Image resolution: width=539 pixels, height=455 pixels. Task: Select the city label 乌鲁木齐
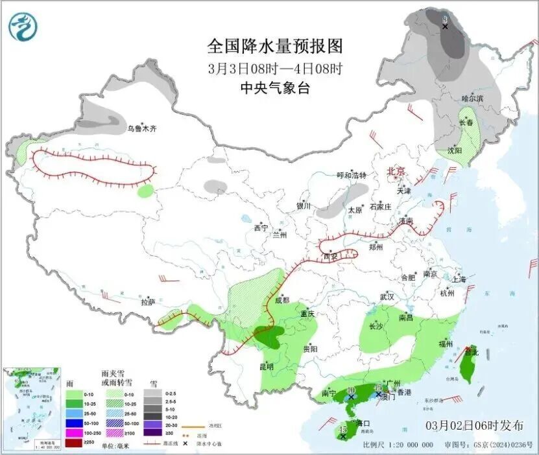(x=141, y=129)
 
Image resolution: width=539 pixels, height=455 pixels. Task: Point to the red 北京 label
(x=396, y=171)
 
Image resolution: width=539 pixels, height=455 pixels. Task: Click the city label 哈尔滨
(x=472, y=99)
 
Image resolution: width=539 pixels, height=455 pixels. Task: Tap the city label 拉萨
(x=149, y=301)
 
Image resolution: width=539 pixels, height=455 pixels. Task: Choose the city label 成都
(x=282, y=300)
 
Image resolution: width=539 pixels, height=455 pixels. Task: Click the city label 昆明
(x=267, y=366)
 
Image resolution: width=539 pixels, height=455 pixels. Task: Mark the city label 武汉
(x=387, y=296)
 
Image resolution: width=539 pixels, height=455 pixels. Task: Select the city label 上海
(x=458, y=279)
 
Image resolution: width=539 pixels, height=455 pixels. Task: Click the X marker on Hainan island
(x=342, y=436)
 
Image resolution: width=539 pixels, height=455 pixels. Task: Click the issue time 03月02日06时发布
(x=475, y=426)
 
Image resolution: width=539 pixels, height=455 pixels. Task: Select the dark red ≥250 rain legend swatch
(x=75, y=441)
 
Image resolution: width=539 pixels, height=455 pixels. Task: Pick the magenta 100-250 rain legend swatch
(x=75, y=432)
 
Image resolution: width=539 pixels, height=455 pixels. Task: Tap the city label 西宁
(x=261, y=228)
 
